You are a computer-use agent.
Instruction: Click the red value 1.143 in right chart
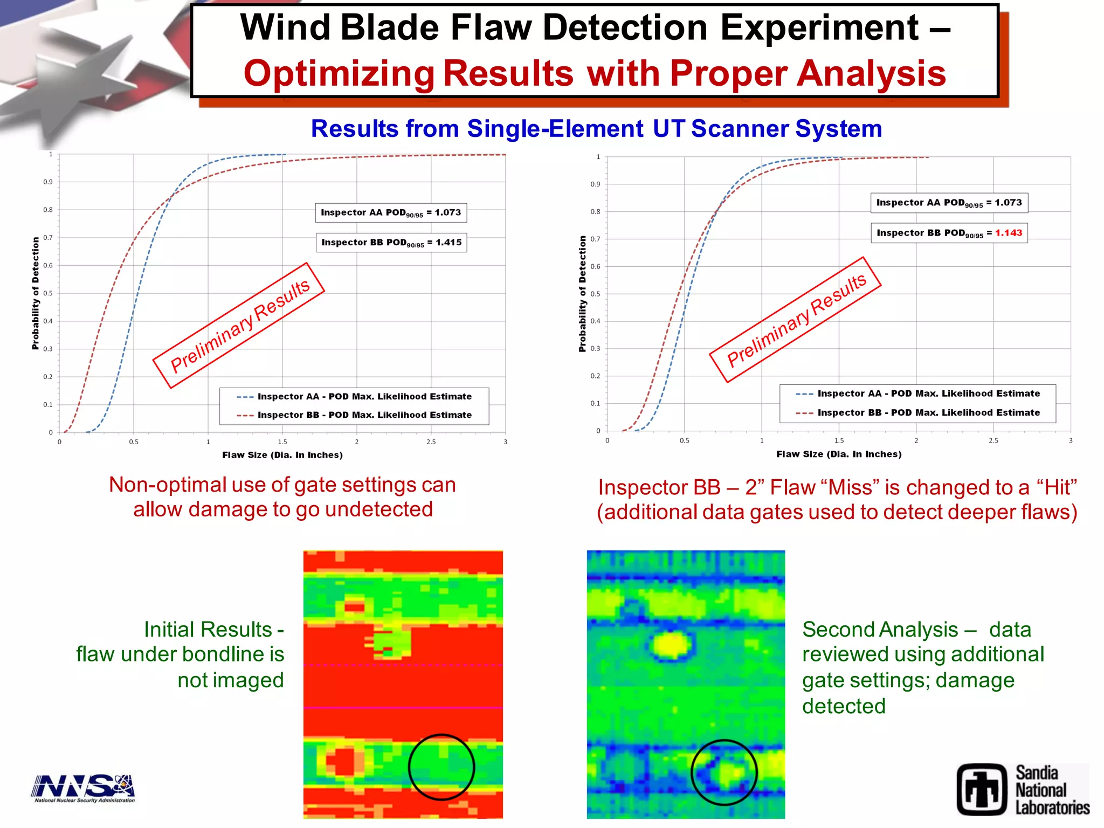(1008, 233)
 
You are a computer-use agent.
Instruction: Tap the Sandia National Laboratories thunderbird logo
(982, 789)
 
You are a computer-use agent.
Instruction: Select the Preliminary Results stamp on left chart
(239, 326)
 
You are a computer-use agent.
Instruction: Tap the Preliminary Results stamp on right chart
(795, 320)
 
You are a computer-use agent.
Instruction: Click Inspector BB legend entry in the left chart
(364, 415)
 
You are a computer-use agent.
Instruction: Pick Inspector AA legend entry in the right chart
(928, 394)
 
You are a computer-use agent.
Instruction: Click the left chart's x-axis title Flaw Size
(282, 455)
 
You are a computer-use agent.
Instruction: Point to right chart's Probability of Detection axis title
(582, 294)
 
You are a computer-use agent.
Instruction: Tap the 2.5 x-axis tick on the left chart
(431, 442)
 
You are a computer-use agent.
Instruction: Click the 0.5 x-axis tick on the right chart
(684, 441)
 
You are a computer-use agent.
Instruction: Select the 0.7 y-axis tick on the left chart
(48, 238)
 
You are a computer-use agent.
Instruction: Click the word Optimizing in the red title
(339, 74)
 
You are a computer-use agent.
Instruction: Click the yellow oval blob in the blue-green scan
(671, 645)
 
